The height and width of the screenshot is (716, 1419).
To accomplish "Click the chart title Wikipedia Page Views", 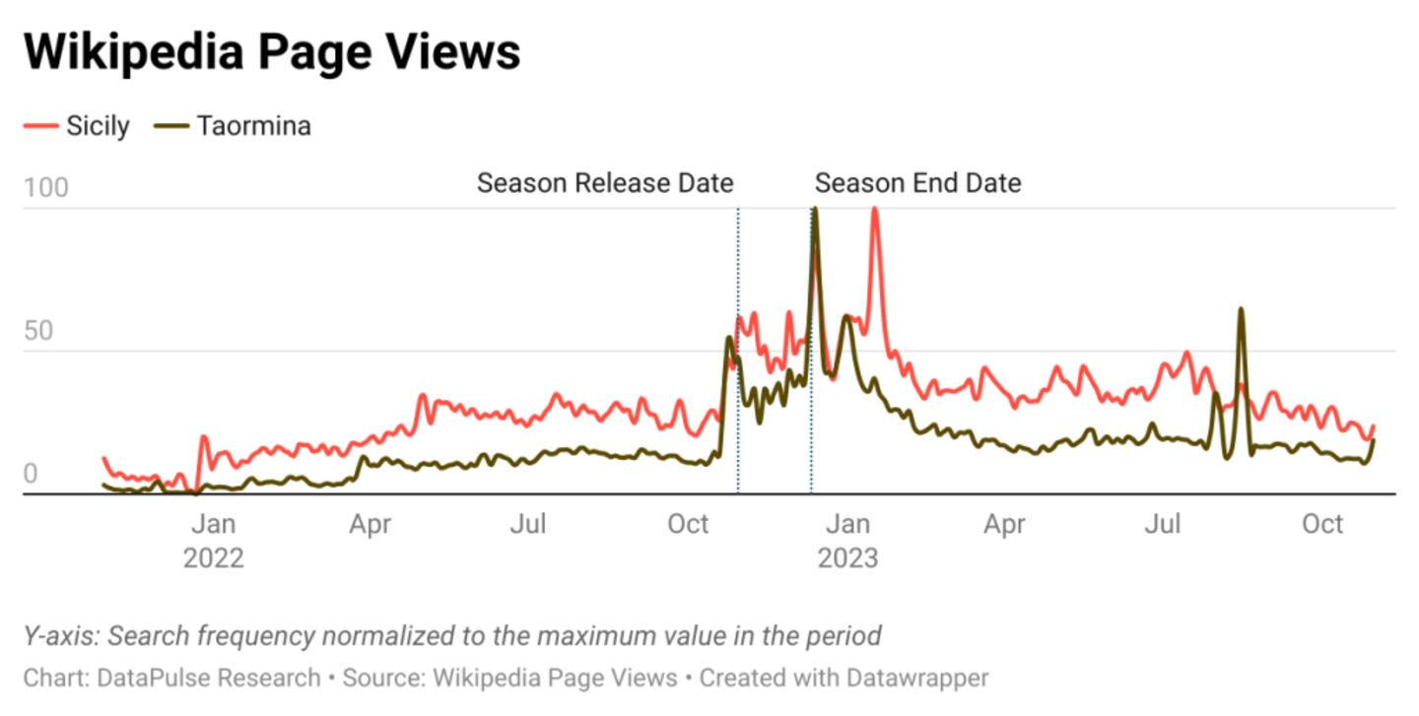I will point(272,51).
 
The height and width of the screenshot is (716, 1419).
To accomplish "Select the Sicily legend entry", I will point(98,126).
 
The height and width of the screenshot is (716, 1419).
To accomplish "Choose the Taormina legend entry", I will point(253,126).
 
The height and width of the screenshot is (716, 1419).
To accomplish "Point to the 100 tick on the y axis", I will point(46,187).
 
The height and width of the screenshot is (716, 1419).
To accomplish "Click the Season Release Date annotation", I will point(605,183).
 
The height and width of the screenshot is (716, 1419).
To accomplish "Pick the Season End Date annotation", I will point(917,183).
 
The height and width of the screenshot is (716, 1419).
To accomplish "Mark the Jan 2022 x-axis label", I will point(213,541).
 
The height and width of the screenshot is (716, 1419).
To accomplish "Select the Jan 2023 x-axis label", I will point(846,541).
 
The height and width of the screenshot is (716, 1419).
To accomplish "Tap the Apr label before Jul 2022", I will point(370,524).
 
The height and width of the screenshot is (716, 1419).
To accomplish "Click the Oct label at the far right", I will point(1322,524).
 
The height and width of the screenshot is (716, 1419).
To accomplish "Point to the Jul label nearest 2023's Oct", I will point(1163,524).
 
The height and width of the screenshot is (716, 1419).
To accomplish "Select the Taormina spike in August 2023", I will point(1241,310).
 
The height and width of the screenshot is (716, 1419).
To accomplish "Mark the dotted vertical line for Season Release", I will point(738,414).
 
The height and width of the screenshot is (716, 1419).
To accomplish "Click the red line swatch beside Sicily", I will point(40,126).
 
